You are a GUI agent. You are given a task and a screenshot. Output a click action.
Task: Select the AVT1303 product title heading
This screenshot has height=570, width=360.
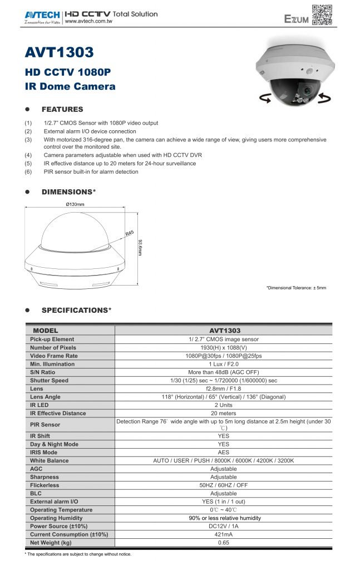(60, 53)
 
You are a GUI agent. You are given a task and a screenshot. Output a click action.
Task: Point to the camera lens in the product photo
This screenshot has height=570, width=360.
(306, 90)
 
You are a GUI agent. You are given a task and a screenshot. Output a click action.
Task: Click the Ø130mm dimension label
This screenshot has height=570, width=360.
(75, 204)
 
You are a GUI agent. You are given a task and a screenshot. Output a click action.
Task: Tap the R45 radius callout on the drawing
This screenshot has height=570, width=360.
(130, 234)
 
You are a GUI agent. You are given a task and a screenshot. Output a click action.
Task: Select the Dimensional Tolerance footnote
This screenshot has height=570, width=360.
(296, 288)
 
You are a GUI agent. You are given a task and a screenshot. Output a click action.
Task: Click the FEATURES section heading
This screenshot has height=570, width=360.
(62, 109)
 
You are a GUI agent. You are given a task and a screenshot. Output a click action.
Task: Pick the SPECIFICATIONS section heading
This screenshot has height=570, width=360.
(77, 309)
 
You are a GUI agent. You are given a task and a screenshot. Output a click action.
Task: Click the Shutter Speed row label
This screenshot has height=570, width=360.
(49, 381)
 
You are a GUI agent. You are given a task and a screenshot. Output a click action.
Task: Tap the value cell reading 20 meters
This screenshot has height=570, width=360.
(223, 414)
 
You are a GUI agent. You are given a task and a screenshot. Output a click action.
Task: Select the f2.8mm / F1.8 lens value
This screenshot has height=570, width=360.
(223, 389)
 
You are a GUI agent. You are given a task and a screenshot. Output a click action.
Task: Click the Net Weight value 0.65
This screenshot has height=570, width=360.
(223, 543)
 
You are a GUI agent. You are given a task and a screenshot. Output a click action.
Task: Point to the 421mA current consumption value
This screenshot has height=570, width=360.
(223, 534)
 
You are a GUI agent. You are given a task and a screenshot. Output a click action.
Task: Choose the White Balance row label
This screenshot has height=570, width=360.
(49, 461)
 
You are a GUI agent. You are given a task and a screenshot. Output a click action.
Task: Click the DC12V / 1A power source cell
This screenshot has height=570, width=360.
(223, 526)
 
